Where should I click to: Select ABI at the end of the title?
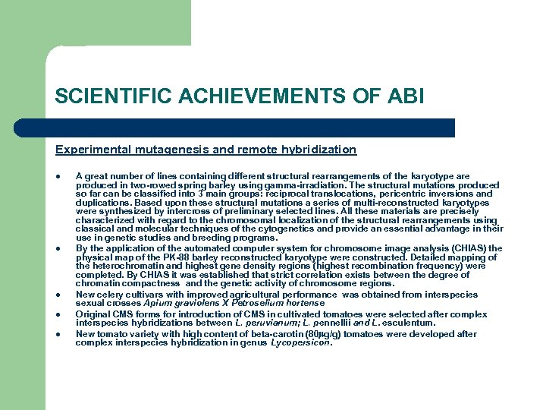pos(403,96)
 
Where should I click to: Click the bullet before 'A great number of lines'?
pos(58,176)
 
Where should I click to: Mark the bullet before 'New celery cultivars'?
pos(58,295)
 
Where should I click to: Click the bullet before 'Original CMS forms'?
pos(58,314)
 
